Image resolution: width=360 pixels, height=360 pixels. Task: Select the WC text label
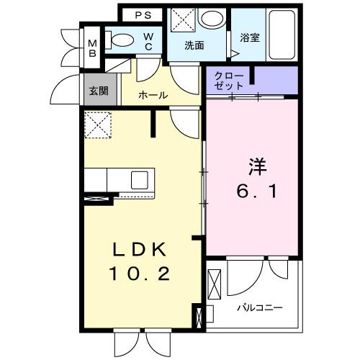[x=148, y=41]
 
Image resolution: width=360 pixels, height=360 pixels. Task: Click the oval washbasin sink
[x=211, y=19]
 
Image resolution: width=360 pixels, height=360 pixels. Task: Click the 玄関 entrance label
[x=98, y=91]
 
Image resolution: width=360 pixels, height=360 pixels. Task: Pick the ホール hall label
[x=153, y=94]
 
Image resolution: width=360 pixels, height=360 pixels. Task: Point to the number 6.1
[x=258, y=192]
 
